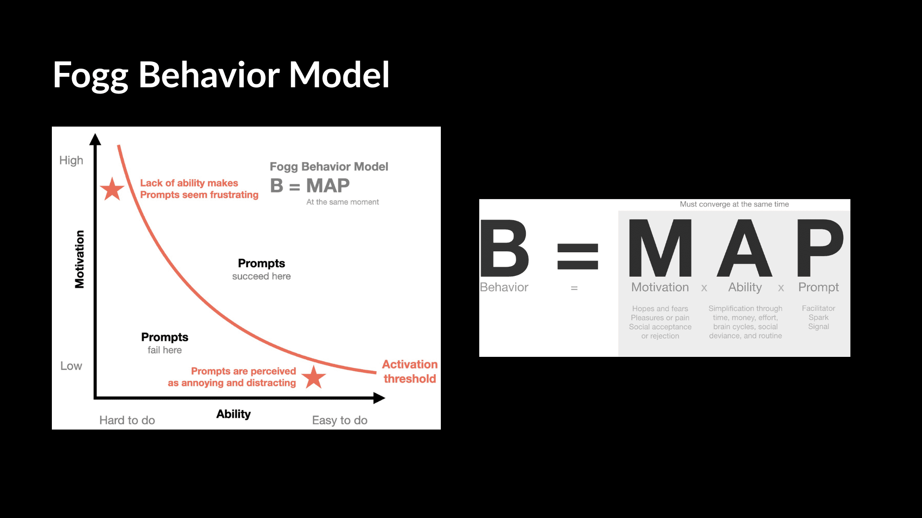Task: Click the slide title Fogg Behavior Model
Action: click(221, 76)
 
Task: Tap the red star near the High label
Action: click(112, 188)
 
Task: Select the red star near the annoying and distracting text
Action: click(314, 377)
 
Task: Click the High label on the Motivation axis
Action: click(71, 161)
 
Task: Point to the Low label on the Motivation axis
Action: click(71, 366)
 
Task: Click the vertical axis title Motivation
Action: click(80, 259)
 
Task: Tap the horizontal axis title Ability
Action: click(233, 414)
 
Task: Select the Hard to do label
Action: click(127, 420)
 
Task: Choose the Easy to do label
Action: click(340, 421)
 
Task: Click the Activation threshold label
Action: click(410, 372)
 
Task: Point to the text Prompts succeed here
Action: click(262, 270)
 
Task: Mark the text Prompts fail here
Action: click(165, 343)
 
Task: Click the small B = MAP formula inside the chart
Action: click(310, 186)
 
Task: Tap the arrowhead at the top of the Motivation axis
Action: click(95, 139)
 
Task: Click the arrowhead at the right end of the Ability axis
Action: click(379, 398)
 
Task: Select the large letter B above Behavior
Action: click(504, 248)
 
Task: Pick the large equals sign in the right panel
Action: click(578, 256)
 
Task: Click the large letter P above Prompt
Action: click(820, 248)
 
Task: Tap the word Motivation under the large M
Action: click(660, 287)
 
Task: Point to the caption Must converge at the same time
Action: click(734, 204)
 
